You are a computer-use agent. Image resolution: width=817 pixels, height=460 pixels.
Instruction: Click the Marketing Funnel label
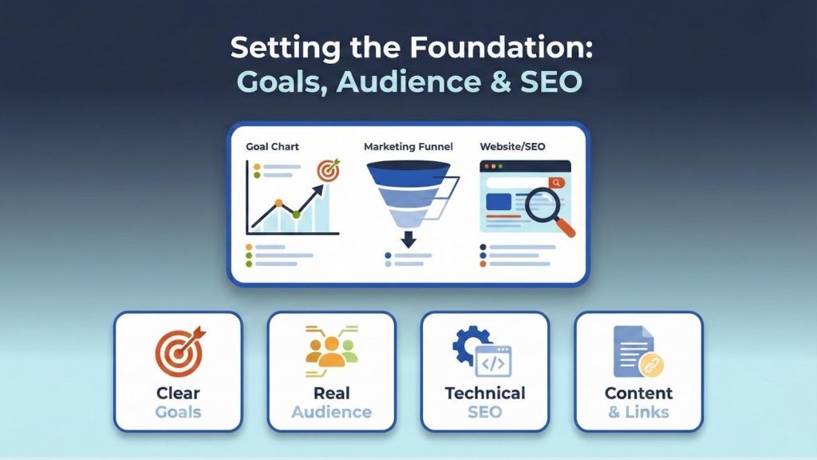408,148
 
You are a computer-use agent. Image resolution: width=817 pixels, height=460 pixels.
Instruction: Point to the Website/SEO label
514,148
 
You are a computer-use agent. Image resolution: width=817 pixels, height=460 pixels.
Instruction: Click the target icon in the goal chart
329,170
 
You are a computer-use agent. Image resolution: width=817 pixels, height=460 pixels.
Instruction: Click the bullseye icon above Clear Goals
177,352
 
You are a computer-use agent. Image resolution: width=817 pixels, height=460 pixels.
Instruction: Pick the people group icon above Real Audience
331,351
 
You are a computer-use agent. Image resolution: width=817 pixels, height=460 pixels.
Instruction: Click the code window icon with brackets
493,361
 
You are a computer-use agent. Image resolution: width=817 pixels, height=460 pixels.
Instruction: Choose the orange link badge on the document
651,364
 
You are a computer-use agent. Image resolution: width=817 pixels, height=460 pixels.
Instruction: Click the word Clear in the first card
178,394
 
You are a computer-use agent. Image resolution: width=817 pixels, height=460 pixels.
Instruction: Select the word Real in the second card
331,394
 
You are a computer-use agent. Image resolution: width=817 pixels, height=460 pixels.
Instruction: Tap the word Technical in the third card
485,394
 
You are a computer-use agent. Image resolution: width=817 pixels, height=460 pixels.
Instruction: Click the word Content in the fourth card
638,394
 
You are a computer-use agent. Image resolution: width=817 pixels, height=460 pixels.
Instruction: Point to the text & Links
638,413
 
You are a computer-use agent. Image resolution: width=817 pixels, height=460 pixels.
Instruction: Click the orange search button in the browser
556,183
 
